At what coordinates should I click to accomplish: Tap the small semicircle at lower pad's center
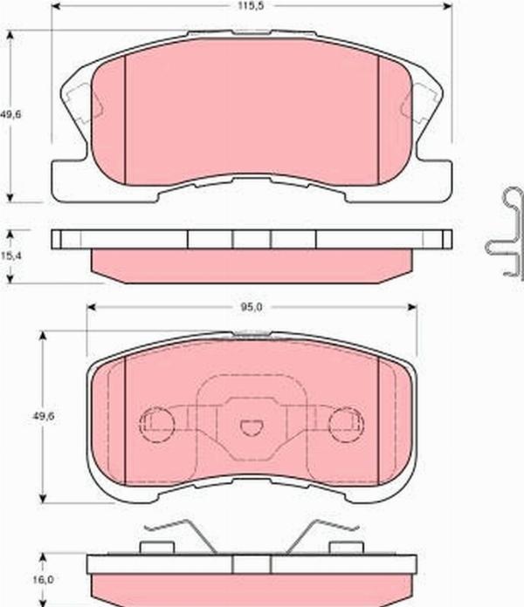251,427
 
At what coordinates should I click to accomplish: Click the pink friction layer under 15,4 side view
252,265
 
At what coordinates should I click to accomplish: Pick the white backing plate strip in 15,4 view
252,239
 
